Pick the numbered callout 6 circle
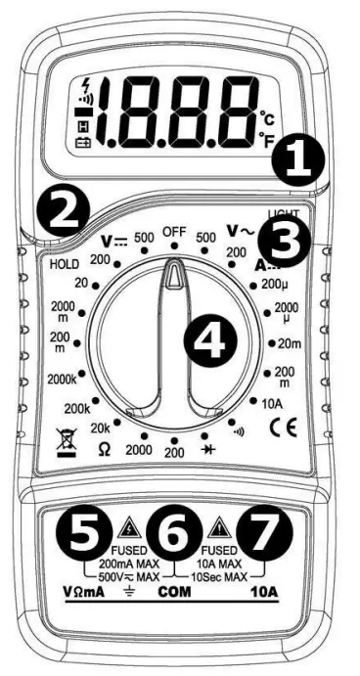[x=174, y=533]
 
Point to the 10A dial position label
[x=271, y=401]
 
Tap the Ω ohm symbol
[x=103, y=447]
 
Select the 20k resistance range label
[x=100, y=428]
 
